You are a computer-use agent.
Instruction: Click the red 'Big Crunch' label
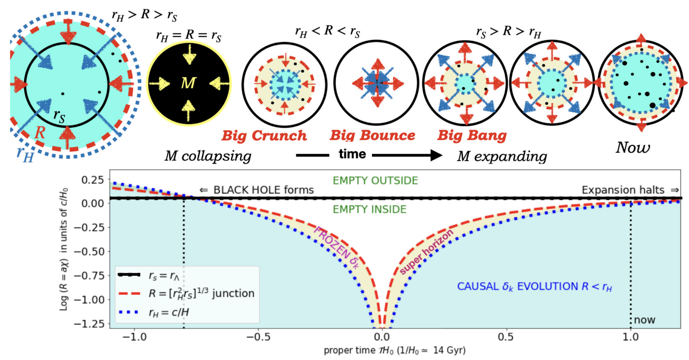point(264,136)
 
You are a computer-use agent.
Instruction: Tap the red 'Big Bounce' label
point(372,136)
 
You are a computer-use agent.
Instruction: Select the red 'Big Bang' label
point(472,136)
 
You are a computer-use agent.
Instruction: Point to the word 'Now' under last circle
point(633,148)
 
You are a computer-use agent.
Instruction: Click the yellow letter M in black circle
point(188,83)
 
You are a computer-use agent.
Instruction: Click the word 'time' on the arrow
point(352,154)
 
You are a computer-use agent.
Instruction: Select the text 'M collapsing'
point(208,156)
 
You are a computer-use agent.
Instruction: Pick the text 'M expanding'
point(502,156)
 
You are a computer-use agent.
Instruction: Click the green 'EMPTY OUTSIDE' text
point(375,181)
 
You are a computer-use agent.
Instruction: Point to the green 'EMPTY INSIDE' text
point(369,209)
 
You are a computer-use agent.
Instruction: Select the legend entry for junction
point(201,293)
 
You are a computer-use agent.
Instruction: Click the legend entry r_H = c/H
point(169,312)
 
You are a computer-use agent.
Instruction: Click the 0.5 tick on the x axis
point(506,337)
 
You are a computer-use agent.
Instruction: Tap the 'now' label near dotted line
point(645,320)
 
